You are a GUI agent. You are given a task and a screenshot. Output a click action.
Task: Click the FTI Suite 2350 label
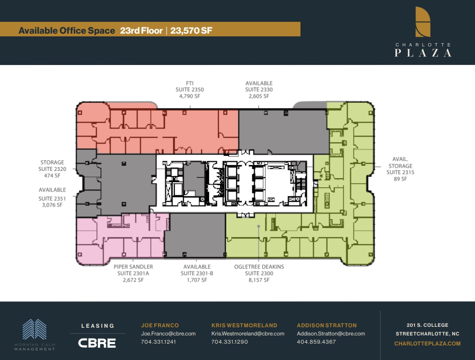(190, 90)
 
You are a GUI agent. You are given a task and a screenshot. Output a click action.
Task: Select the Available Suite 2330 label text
(259, 90)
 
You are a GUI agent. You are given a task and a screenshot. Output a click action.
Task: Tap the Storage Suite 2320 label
(52, 169)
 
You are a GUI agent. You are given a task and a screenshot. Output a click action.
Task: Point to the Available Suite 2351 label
(52, 197)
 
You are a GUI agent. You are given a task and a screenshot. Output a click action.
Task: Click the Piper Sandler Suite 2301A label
(133, 273)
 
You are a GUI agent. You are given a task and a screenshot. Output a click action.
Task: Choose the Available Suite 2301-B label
(197, 273)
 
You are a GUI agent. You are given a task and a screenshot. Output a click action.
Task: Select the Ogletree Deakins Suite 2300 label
(259, 273)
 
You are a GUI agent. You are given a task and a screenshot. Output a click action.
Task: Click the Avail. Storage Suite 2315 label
(400, 169)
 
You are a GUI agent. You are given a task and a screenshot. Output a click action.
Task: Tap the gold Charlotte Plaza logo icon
(423, 21)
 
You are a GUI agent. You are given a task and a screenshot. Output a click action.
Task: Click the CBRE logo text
(97, 343)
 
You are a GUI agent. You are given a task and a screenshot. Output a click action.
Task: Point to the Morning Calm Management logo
(35, 335)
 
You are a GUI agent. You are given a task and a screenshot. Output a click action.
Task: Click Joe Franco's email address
(168, 334)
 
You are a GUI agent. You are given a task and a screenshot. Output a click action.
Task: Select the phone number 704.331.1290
(230, 342)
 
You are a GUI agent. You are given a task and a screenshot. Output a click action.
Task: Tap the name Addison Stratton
(327, 325)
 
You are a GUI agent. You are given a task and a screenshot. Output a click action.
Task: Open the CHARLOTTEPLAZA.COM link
(427, 344)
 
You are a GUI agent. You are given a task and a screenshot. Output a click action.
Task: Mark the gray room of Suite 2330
(283, 132)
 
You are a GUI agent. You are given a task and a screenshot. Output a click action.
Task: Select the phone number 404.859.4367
(316, 342)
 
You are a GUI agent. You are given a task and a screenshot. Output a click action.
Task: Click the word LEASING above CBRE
(97, 326)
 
